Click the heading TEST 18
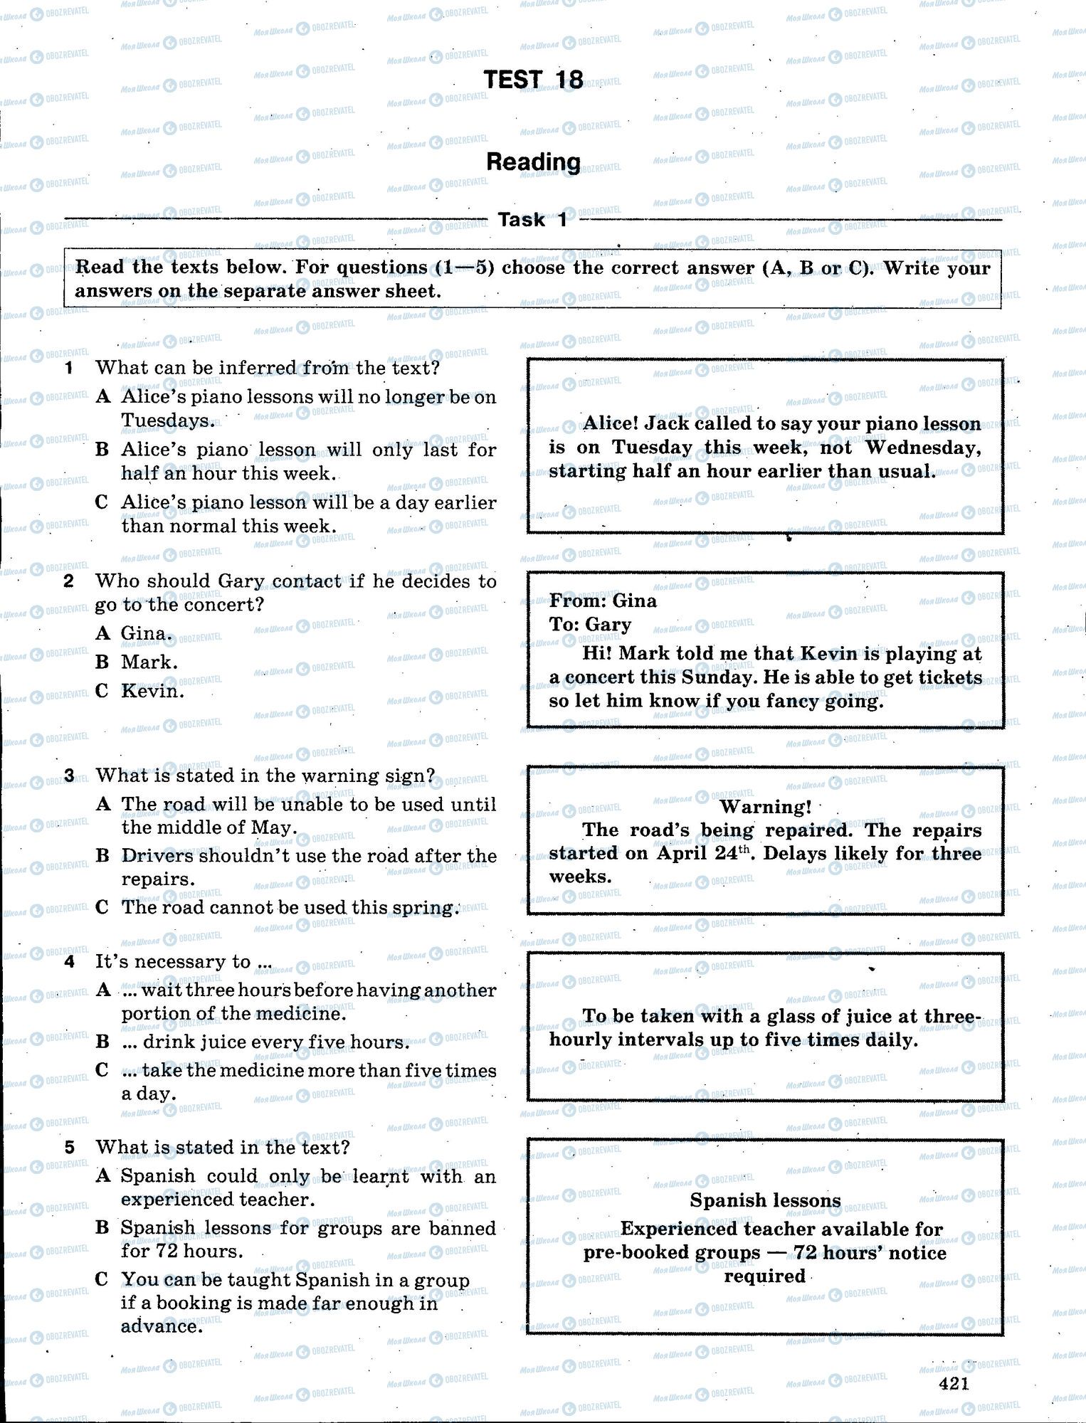533,80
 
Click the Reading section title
533,162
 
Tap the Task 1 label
532,220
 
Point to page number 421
954,1382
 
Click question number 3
69,776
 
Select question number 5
69,1147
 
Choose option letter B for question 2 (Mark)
102,662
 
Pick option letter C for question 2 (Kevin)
102,691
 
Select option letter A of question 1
103,397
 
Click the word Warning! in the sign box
765,806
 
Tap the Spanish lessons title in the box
765,1200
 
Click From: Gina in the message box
602,601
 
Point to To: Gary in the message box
590,625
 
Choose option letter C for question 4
102,1070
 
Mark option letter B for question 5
102,1228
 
